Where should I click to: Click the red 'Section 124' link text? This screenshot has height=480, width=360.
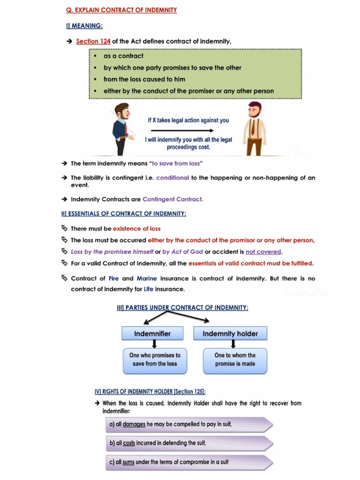click(x=93, y=41)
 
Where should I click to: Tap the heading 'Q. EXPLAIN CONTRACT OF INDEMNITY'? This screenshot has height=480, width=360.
click(x=121, y=10)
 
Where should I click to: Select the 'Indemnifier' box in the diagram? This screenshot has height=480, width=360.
click(x=152, y=334)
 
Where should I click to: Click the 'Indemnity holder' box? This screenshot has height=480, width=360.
click(x=230, y=334)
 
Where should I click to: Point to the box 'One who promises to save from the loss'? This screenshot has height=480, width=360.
click(x=155, y=360)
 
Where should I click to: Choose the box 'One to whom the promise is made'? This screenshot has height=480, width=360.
click(x=235, y=360)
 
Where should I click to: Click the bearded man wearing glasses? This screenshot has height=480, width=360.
click(x=121, y=128)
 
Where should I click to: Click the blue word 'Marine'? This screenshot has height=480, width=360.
click(x=147, y=278)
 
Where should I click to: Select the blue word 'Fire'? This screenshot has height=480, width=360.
click(x=114, y=278)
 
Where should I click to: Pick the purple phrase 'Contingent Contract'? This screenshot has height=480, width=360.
click(x=172, y=199)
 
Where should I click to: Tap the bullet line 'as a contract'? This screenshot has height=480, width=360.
click(x=123, y=56)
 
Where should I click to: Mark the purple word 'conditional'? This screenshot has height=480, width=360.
click(x=172, y=178)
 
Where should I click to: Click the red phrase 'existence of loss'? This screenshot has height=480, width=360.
click(x=137, y=229)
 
